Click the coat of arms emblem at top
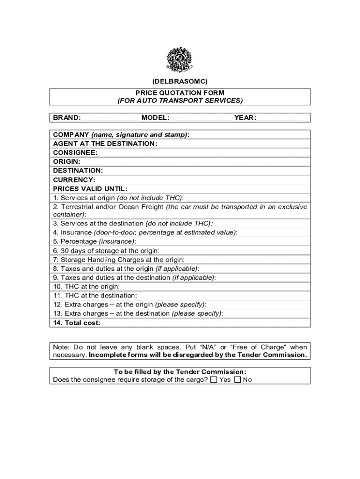(x=180, y=59)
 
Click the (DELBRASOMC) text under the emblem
(x=180, y=81)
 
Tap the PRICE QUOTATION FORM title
(x=180, y=93)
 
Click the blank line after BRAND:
(x=110, y=117)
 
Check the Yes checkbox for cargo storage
(x=214, y=380)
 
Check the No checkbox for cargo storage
(x=238, y=380)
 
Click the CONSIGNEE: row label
(x=75, y=152)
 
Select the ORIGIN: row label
(x=67, y=161)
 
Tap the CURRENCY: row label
(x=74, y=180)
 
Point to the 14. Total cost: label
(x=77, y=323)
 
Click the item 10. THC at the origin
(x=86, y=286)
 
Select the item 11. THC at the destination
(x=95, y=296)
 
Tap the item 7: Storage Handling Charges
(x=119, y=260)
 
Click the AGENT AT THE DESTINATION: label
(x=105, y=144)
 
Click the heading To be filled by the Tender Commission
(x=180, y=372)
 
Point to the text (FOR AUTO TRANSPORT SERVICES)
(x=180, y=101)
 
